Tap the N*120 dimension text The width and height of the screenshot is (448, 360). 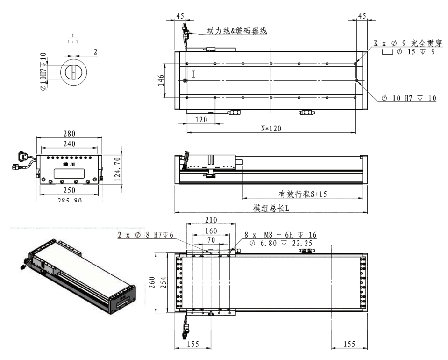(270, 129)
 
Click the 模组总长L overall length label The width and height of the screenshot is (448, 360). (271, 209)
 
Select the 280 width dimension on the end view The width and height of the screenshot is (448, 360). (69, 134)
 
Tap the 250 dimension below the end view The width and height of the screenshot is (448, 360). (69, 191)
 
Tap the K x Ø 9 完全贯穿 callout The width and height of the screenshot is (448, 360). (405, 43)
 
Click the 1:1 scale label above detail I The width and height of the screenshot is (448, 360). (73, 40)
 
